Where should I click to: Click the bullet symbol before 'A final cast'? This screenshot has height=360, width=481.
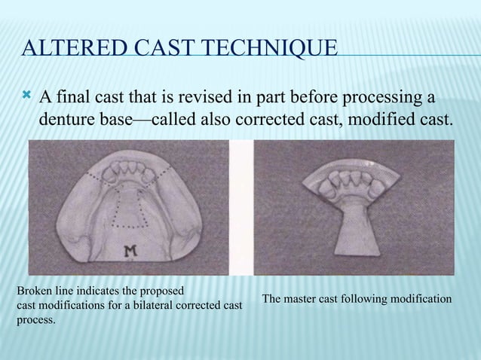28,96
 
